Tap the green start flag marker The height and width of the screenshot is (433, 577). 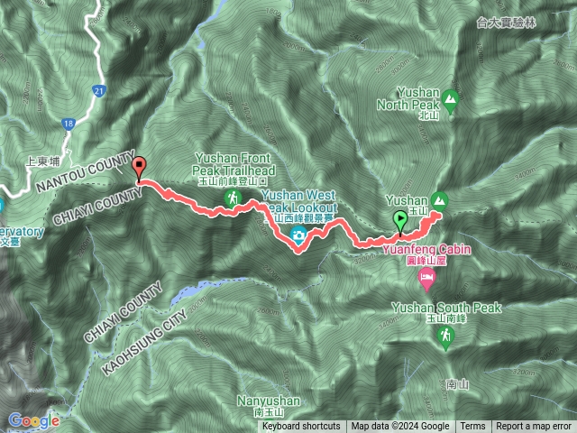click(399, 218)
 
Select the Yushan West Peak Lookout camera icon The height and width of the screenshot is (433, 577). click(298, 236)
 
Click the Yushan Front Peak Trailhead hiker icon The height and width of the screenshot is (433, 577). click(233, 198)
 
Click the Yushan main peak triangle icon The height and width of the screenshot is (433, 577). click(440, 199)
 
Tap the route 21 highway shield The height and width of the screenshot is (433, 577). click(99, 90)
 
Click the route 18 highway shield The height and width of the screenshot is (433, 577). click(69, 124)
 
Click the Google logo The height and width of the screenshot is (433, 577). click(33, 420)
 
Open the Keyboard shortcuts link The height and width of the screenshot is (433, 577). click(301, 427)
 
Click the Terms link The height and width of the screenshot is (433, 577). click(472, 427)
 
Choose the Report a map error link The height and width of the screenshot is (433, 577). click(535, 427)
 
